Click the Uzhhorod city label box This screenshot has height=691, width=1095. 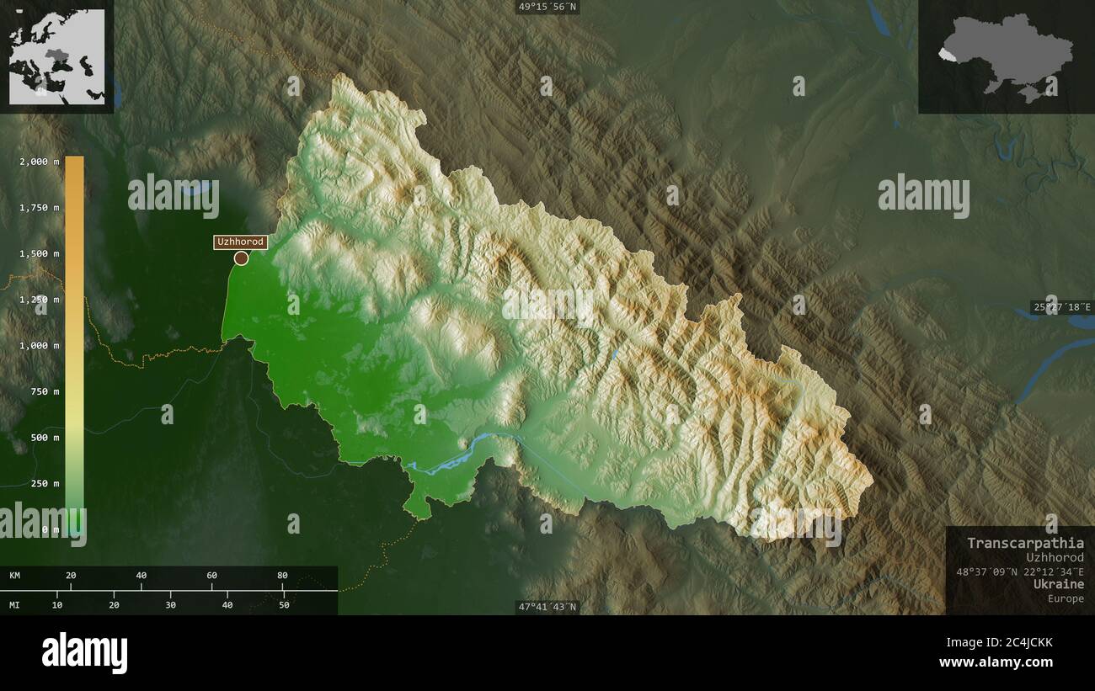[x=241, y=242]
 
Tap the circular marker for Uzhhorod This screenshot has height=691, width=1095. [x=241, y=258]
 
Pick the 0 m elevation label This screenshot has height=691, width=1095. [x=51, y=529]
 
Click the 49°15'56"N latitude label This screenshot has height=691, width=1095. [x=547, y=7]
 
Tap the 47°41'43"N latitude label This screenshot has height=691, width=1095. [x=547, y=607]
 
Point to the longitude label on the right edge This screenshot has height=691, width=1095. [x=1062, y=307]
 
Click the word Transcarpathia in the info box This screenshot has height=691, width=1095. [x=1025, y=543]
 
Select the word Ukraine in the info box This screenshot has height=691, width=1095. [x=1060, y=584]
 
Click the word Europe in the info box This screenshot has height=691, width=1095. [x=1066, y=598]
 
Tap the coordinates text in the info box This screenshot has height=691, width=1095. [x=1020, y=571]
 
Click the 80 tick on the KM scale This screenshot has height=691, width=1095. [x=282, y=576]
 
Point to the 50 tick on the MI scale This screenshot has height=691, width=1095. [x=284, y=604]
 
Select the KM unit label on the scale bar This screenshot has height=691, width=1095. [x=15, y=576]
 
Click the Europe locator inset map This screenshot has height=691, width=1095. [x=57, y=56]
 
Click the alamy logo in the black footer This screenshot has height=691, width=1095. [x=85, y=653]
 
